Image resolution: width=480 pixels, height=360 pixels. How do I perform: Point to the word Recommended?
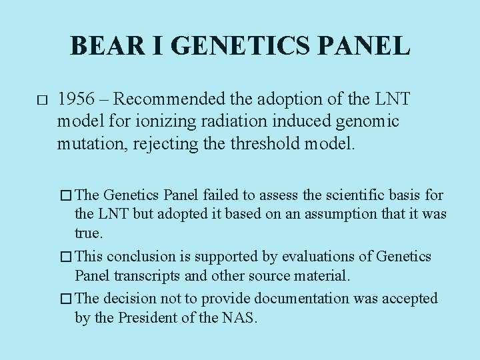(x=175, y=100)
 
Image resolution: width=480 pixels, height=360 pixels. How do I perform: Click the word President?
(x=145, y=318)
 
